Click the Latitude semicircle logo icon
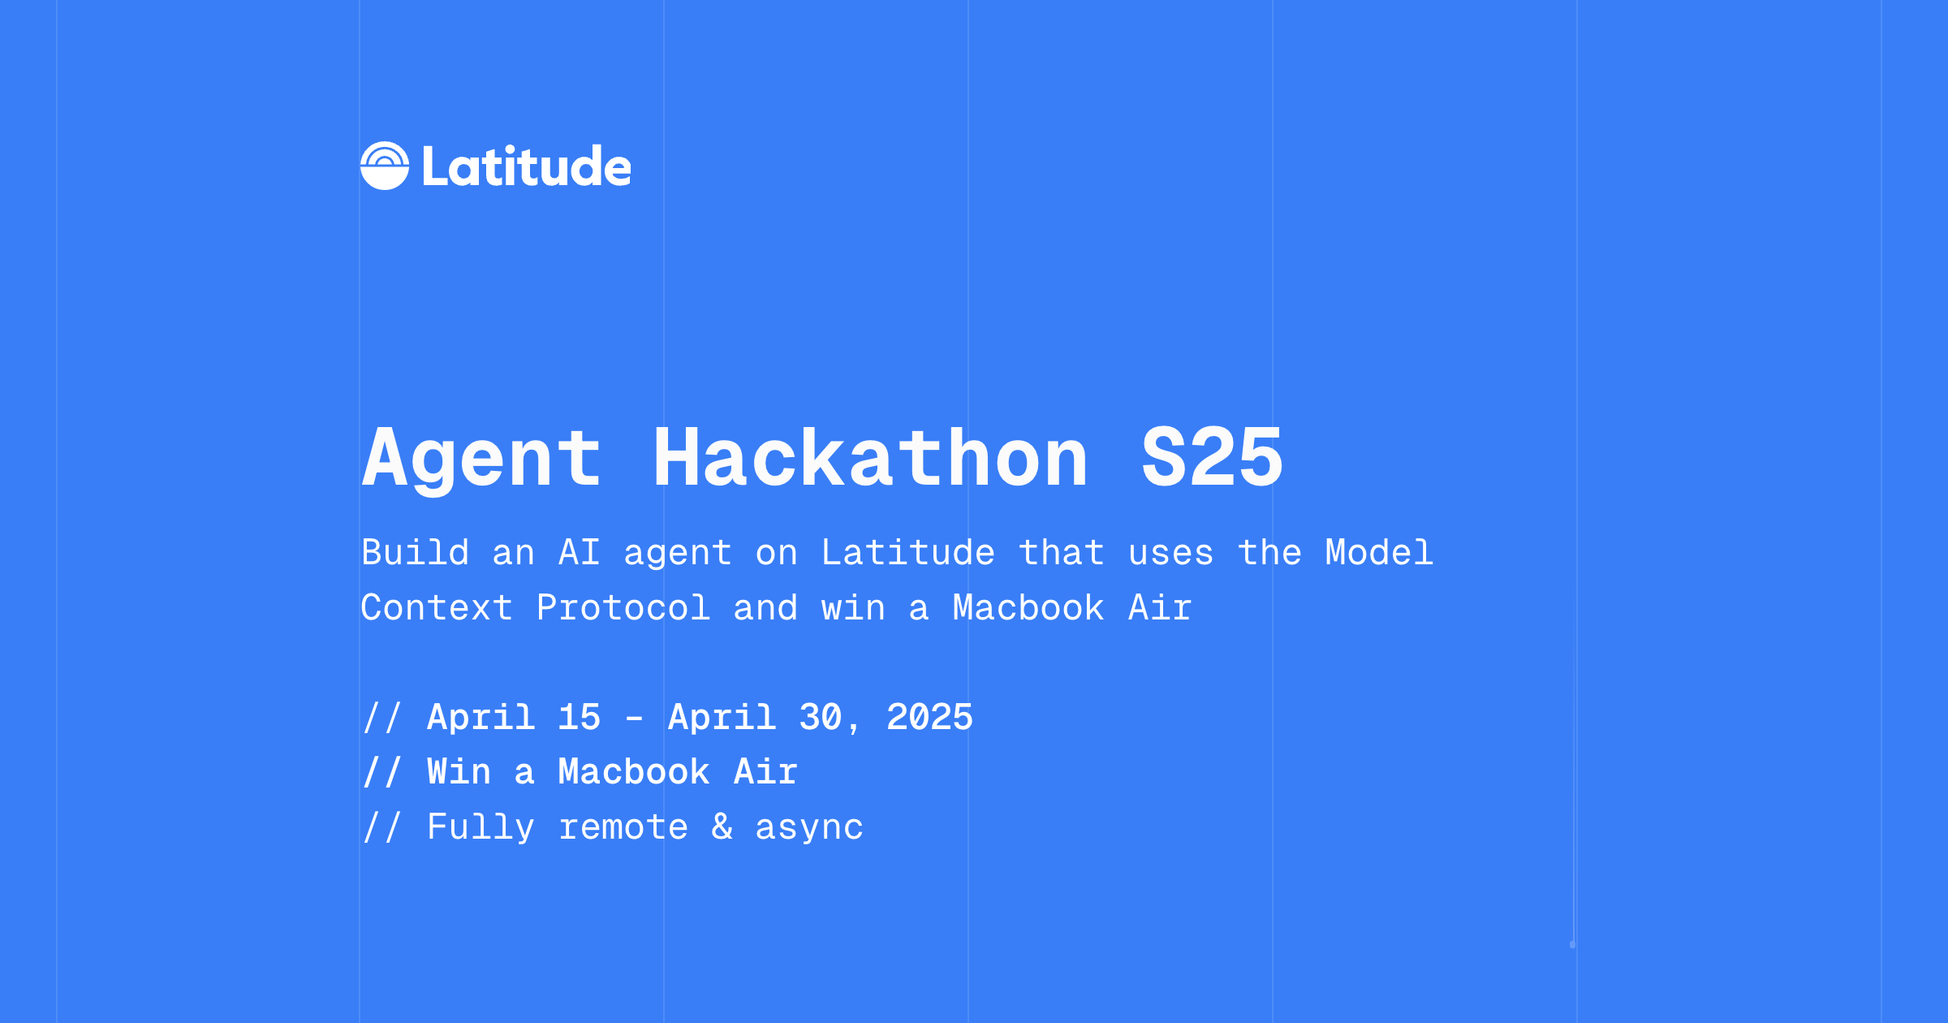(x=385, y=166)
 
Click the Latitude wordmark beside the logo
(x=526, y=167)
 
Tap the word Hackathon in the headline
(x=870, y=460)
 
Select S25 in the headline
(x=1211, y=460)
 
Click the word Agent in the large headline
(x=481, y=460)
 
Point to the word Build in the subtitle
(x=416, y=554)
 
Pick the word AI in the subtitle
(x=580, y=554)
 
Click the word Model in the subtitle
(x=1379, y=554)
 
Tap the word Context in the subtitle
(x=437, y=608)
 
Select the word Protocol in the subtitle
(x=623, y=608)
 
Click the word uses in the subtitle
(x=1170, y=554)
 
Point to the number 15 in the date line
(x=580, y=718)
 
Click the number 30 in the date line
(x=821, y=718)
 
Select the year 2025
(x=929, y=718)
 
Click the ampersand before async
(x=722, y=827)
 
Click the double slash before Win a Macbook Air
(x=382, y=772)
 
